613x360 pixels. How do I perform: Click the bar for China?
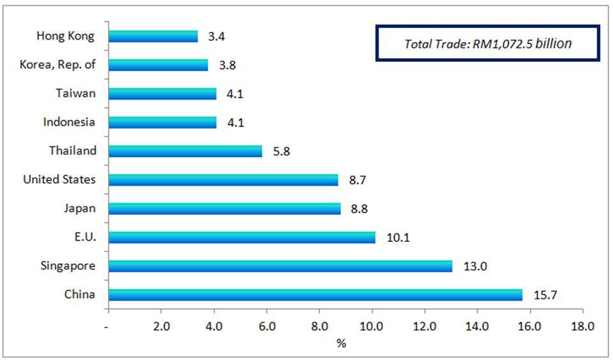click(x=315, y=295)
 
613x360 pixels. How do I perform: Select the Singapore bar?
click(x=280, y=266)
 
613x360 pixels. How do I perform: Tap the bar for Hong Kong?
click(x=153, y=36)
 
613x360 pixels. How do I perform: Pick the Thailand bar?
click(x=185, y=151)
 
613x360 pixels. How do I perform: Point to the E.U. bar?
click(x=242, y=237)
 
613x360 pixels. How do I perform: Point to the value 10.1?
click(x=398, y=237)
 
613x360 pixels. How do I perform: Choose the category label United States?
click(x=59, y=179)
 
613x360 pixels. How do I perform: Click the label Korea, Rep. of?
click(x=58, y=64)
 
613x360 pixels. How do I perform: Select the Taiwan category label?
click(x=76, y=93)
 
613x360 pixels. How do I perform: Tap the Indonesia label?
click(x=69, y=122)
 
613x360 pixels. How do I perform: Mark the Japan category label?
click(x=80, y=208)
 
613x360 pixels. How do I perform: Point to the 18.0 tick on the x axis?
click(x=582, y=326)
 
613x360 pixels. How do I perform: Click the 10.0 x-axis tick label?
click(x=372, y=326)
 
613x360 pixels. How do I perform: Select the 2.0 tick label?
click(x=162, y=326)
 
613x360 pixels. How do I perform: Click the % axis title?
click(x=342, y=343)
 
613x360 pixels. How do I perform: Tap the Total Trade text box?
click(x=488, y=43)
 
